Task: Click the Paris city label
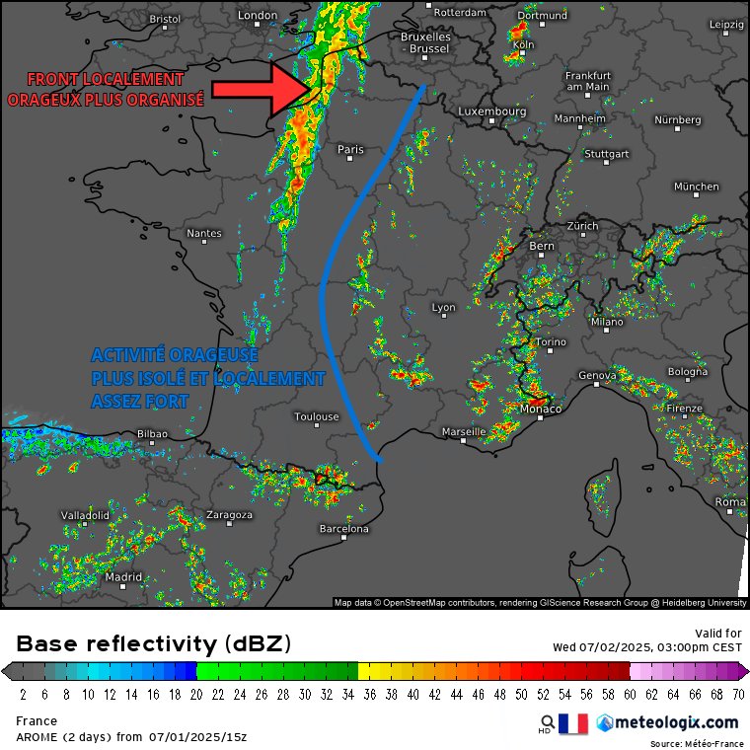pyautogui.click(x=350, y=150)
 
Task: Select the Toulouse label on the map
pyautogui.click(x=317, y=416)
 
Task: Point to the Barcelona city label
pyautogui.click(x=343, y=529)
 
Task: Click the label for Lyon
pyautogui.click(x=444, y=308)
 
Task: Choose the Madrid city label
pyautogui.click(x=123, y=577)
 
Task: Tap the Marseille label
pyautogui.click(x=464, y=432)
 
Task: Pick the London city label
pyautogui.click(x=259, y=15)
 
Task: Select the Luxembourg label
pyautogui.click(x=491, y=112)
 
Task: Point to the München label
pyautogui.click(x=697, y=187)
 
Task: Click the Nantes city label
pyautogui.click(x=203, y=234)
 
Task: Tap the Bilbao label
pyautogui.click(x=152, y=433)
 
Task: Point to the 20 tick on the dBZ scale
pyautogui.click(x=196, y=694)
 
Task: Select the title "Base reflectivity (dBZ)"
pyautogui.click(x=154, y=644)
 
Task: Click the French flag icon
pyautogui.click(x=572, y=723)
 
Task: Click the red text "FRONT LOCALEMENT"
pyautogui.click(x=105, y=79)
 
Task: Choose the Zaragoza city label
pyautogui.click(x=229, y=515)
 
